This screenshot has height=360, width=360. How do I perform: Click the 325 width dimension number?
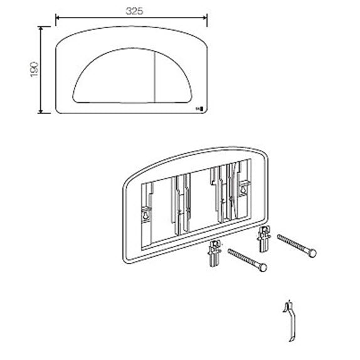click(135, 11)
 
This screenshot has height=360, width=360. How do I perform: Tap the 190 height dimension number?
click(34, 70)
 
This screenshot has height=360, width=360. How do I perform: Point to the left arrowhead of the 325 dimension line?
click(58, 18)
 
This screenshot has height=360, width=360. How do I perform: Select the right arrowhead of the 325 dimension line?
click(205, 18)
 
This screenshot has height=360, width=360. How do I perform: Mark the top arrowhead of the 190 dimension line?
click(41, 28)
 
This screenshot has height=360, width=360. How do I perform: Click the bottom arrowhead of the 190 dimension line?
click(41, 112)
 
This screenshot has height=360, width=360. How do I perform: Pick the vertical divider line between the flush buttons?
click(155, 77)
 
